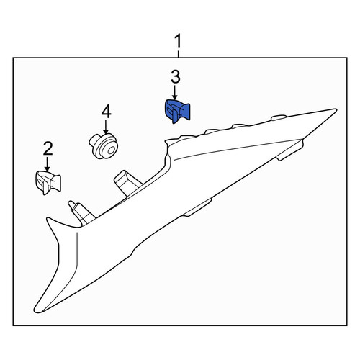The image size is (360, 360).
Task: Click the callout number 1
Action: [x=178, y=41]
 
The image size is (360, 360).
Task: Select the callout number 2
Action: [x=48, y=148]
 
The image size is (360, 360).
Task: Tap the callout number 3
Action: [x=176, y=77]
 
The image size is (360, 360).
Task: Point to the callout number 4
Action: [x=106, y=112]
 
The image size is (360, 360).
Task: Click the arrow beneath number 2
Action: [x=47, y=164]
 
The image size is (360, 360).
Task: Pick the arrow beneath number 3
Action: [x=175, y=92]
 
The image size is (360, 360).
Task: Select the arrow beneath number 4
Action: [x=106, y=127]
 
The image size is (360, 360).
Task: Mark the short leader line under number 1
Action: [x=178, y=54]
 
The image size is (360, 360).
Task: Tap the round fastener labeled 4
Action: [x=104, y=146]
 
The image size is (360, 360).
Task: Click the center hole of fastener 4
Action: [x=111, y=151]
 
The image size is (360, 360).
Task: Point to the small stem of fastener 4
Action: [x=94, y=140]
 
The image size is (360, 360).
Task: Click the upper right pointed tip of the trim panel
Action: [x=336, y=109]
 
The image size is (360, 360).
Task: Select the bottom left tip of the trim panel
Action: [x=36, y=311]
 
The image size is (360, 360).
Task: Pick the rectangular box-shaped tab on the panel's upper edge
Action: [x=127, y=183]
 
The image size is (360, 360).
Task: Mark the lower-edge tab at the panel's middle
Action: [x=197, y=208]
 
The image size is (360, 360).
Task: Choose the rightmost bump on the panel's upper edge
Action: [x=280, y=117]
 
